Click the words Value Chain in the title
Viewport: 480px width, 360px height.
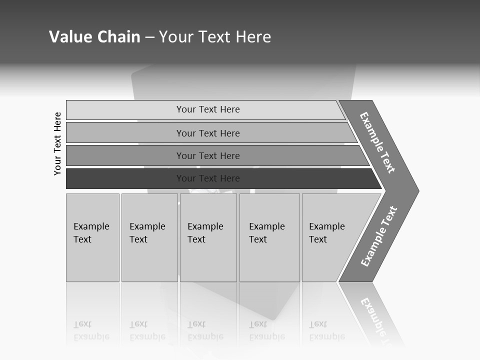[x=94, y=36]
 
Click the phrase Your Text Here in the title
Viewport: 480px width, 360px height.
[x=215, y=36]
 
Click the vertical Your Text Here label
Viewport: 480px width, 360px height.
[x=57, y=143]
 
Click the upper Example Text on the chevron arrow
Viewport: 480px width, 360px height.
[x=377, y=142]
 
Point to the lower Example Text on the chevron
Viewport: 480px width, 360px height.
[x=378, y=236]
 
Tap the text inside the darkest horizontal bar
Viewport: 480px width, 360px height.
[x=208, y=178]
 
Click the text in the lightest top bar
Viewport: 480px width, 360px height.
[x=208, y=109]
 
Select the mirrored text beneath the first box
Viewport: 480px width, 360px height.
[x=91, y=330]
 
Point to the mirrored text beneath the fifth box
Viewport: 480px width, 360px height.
[x=326, y=330]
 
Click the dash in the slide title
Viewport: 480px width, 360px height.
[x=149, y=37]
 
